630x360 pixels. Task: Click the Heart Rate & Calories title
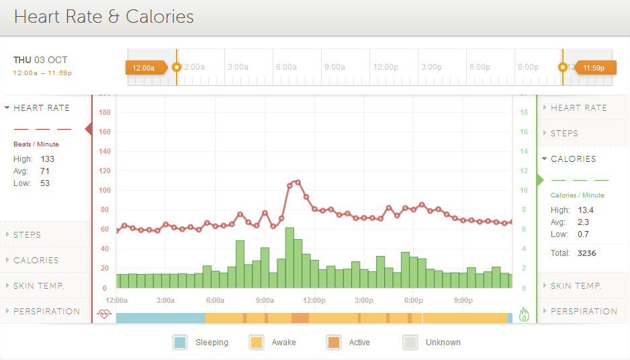pos(103,17)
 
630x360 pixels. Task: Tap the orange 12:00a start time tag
pos(144,68)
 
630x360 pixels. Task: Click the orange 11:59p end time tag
pos(594,68)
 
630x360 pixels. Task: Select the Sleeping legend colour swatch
pos(180,343)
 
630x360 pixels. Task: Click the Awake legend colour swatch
pos(257,343)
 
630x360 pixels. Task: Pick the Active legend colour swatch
pos(334,343)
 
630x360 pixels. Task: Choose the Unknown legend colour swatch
pos(410,343)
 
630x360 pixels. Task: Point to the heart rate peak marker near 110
pos(298,182)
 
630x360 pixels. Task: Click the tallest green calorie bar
pos(289,258)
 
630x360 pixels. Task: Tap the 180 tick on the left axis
pos(104,113)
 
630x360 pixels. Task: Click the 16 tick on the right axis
pos(524,132)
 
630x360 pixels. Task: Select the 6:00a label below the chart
pos(215,300)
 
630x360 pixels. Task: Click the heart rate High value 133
pos(47,159)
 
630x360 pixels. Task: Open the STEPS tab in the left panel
pos(27,235)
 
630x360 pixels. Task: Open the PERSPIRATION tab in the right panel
pos(584,312)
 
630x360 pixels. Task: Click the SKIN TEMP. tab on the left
pos(38,286)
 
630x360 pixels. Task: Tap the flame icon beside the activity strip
pos(524,314)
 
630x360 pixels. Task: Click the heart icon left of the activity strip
pos(103,314)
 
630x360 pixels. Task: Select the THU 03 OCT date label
pos(40,60)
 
